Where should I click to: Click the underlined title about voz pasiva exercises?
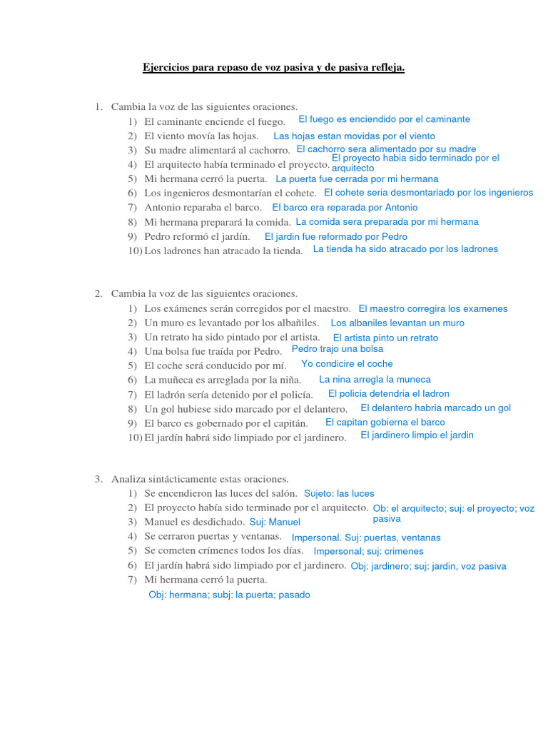click(x=273, y=68)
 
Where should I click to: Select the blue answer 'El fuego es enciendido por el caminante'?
click(x=384, y=119)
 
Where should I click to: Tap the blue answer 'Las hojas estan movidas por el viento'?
click(x=354, y=136)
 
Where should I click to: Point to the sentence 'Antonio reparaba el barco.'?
click(x=203, y=208)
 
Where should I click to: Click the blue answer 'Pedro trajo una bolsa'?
click(x=338, y=349)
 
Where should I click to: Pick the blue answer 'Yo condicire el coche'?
click(x=347, y=363)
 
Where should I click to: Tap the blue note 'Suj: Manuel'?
click(x=275, y=522)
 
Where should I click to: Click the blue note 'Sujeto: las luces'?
click(x=339, y=493)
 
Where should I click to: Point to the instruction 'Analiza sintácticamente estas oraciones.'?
click(x=200, y=479)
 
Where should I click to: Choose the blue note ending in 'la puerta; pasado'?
click(x=229, y=594)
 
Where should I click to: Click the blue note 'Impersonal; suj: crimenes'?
click(x=368, y=551)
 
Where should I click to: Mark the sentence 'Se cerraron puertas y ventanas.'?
click(x=213, y=536)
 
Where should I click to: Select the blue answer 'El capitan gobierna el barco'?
click(x=385, y=422)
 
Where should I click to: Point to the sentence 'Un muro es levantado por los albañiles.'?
click(x=231, y=323)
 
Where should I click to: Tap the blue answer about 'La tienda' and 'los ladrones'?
click(x=405, y=249)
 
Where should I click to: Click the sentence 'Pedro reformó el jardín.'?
click(x=197, y=236)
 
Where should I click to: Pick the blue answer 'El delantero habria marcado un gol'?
click(x=435, y=408)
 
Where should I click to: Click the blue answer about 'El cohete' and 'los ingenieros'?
click(x=428, y=193)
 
